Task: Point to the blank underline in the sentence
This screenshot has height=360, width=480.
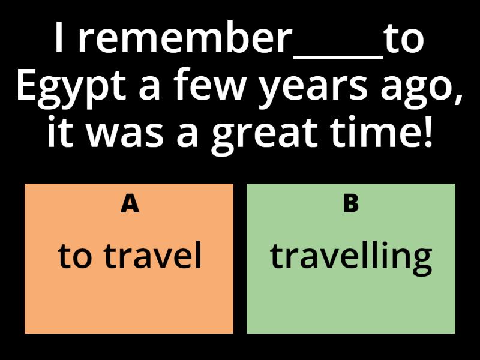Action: pos(338,56)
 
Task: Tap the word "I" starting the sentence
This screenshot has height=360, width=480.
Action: pos(59,40)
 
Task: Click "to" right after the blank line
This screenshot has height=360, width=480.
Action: pos(404,40)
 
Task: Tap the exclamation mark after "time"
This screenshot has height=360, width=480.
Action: pos(427,133)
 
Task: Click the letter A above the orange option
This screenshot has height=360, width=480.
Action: pos(130,204)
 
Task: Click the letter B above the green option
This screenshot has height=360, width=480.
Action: pos(350,204)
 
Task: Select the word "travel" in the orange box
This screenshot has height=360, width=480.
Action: pos(153,256)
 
